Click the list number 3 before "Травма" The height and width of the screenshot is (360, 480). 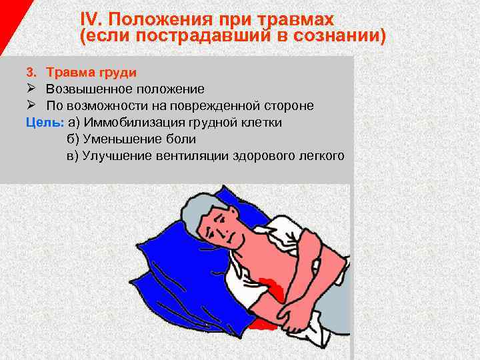pos(30,71)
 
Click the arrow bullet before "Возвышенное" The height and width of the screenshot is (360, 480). pos(31,89)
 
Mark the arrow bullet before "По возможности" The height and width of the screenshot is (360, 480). pos(31,105)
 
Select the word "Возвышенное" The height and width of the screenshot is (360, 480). pos(87,89)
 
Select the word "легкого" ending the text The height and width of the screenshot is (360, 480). pos(322,156)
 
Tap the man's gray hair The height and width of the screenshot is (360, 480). pos(193,213)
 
